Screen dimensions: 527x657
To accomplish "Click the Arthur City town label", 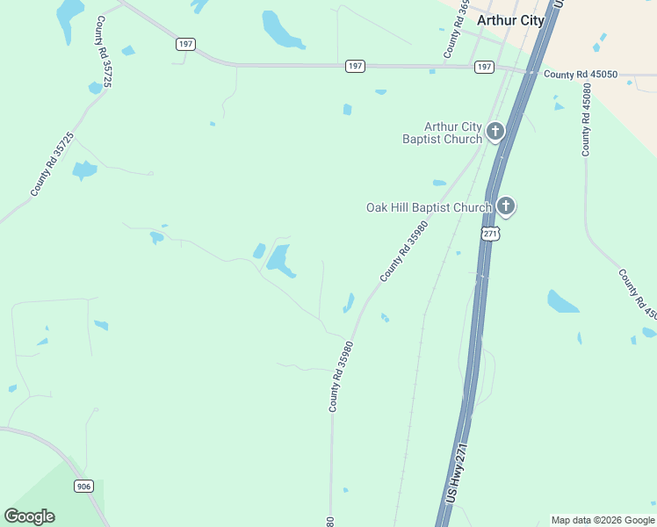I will pos(509,20).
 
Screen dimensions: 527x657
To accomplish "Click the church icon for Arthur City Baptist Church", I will pos(495,133).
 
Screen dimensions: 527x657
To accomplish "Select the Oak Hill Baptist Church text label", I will pos(429,207).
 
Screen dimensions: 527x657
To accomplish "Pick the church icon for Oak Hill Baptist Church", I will pos(505,207).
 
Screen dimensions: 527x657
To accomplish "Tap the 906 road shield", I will pos(83,487).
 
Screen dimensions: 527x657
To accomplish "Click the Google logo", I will pos(29,516).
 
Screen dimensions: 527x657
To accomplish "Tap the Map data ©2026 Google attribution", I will pos(603,520).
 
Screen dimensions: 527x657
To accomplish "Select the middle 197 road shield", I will pos(355,66).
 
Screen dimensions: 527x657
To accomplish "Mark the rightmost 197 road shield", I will pos(484,67).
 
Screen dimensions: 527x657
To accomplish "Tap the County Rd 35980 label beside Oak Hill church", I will pos(404,251).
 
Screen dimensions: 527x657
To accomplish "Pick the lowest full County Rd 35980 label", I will pos(341,377).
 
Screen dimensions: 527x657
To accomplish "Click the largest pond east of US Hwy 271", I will pos(561,302).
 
